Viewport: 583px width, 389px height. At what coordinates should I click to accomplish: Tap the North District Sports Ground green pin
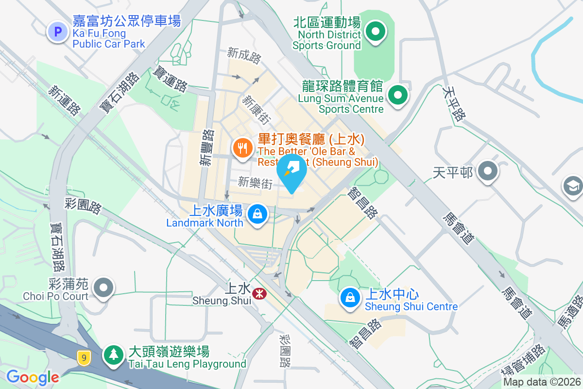(x=375, y=32)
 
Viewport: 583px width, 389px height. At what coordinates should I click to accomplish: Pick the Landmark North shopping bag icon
(x=257, y=213)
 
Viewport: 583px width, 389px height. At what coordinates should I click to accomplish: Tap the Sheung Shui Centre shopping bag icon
(x=349, y=298)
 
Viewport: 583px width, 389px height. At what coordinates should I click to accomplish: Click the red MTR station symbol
(x=259, y=293)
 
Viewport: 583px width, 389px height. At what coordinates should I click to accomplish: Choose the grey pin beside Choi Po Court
(x=103, y=287)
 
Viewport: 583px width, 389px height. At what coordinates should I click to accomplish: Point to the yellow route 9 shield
(x=84, y=358)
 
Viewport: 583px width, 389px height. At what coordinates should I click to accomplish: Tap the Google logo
(x=33, y=377)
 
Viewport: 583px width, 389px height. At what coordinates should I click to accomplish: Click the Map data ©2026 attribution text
(x=542, y=382)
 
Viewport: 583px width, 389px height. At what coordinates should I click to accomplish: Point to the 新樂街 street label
(x=255, y=182)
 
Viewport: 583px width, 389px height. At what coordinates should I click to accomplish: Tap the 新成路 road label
(x=244, y=55)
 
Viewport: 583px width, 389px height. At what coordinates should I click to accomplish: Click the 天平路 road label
(x=454, y=104)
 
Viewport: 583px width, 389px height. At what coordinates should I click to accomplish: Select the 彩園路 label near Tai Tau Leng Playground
(x=285, y=350)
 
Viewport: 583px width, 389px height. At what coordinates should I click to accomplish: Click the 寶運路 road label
(x=170, y=79)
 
